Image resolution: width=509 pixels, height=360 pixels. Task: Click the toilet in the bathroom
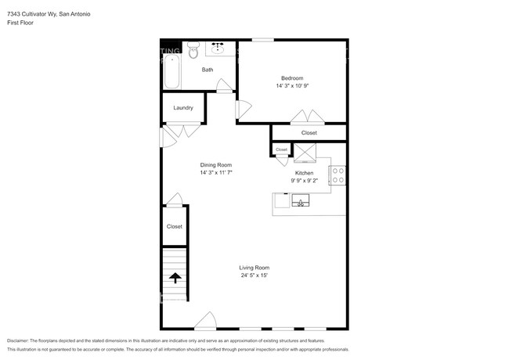[193, 53]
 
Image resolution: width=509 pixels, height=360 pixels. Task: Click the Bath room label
[208, 70]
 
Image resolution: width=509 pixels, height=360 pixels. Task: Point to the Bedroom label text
[292, 77]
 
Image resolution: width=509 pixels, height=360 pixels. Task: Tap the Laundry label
[183, 108]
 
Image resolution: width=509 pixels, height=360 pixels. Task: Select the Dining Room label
[216, 165]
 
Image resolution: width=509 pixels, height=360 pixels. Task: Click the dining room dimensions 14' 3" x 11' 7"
[216, 172]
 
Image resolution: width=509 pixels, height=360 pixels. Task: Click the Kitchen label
[304, 173]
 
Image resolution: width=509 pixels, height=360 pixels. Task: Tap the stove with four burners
[338, 175]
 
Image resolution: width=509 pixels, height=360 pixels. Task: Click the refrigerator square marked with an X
[304, 152]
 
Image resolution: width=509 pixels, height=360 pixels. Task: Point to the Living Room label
[254, 268]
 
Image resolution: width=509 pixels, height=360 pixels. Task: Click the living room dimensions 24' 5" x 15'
[254, 275]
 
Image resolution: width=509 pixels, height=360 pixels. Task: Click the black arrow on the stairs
[175, 277]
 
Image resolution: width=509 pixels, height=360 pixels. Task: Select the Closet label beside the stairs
[174, 226]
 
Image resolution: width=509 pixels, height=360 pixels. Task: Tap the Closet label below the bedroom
[309, 133]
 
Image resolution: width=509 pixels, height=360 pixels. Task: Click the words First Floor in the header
[20, 23]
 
